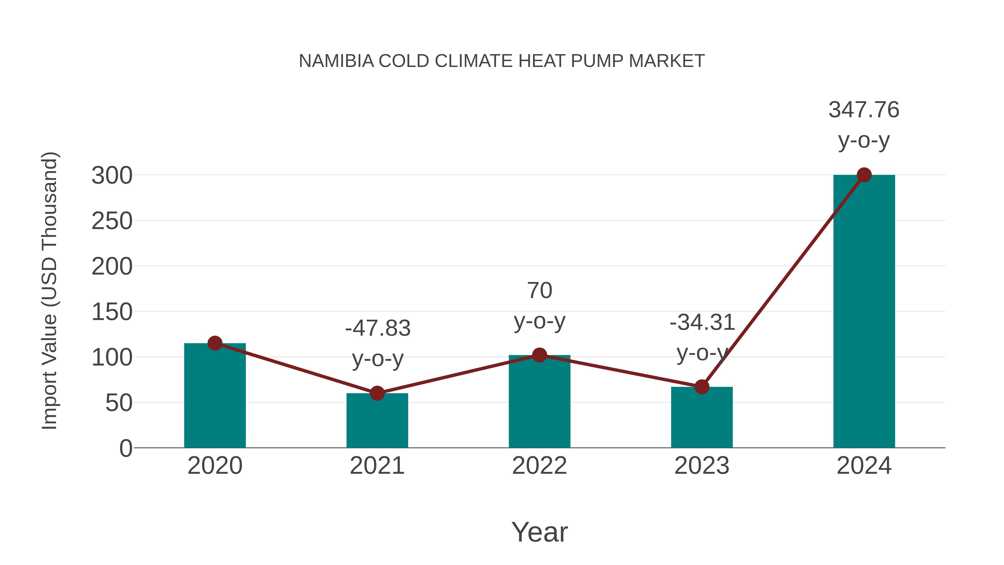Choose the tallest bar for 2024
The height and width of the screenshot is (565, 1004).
point(864,312)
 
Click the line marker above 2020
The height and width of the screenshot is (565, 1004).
point(215,343)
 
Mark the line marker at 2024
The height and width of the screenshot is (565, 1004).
point(864,175)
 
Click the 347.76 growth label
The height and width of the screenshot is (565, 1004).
point(864,110)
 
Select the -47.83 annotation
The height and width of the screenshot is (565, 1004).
point(378,328)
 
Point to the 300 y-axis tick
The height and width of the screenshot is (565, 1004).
point(112,176)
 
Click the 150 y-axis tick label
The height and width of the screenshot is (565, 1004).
point(112,312)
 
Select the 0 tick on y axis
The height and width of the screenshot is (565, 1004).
point(126,448)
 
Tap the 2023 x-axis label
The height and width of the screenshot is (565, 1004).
point(702,466)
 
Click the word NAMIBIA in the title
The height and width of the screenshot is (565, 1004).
point(336,61)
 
